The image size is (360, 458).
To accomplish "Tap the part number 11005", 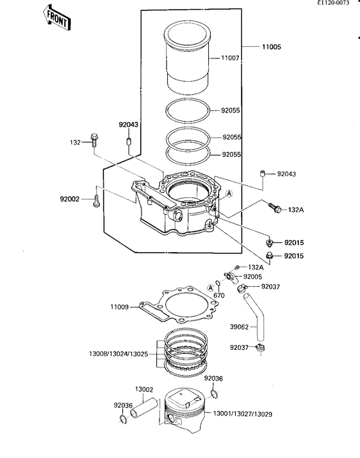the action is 271,47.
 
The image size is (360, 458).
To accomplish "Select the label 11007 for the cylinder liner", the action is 230,58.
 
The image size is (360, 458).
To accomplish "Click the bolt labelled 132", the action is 94,140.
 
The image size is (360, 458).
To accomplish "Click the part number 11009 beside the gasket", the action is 119,307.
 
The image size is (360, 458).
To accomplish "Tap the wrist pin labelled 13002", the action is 144,408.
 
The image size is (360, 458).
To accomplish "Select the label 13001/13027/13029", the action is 242,414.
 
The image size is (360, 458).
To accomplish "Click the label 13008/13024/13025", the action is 118,354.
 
